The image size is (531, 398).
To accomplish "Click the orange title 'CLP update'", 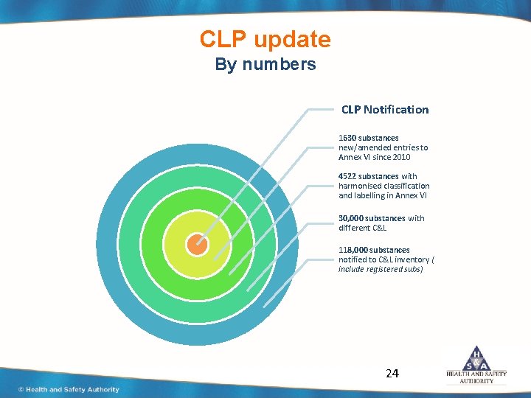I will click(265, 39).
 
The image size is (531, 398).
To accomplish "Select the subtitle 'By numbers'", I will click(265, 64).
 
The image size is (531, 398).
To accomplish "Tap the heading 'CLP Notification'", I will click(384, 110).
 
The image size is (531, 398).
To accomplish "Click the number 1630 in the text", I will click(347, 138).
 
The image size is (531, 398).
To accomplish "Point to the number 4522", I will click(347, 176).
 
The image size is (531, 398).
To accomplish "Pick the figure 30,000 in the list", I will click(350, 218).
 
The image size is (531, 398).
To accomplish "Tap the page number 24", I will click(392, 374).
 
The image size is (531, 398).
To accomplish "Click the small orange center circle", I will click(197, 245).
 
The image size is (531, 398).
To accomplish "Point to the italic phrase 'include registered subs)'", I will click(381, 269).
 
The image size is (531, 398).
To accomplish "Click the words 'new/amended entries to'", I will click(383, 147).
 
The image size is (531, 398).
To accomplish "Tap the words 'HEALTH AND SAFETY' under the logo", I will click(476, 374).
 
